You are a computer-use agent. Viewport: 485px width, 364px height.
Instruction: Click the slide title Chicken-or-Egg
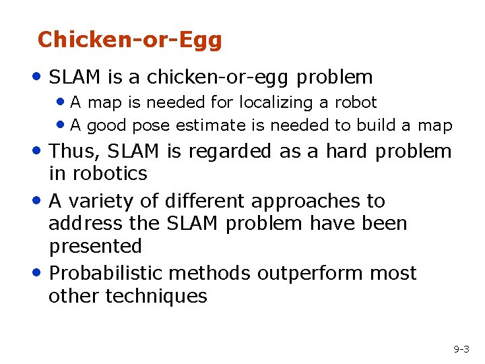(x=129, y=40)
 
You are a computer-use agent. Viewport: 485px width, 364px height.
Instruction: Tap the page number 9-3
(x=461, y=349)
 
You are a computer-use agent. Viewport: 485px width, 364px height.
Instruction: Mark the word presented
(x=95, y=247)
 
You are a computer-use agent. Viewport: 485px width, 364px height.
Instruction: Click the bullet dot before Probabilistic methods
(x=40, y=274)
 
